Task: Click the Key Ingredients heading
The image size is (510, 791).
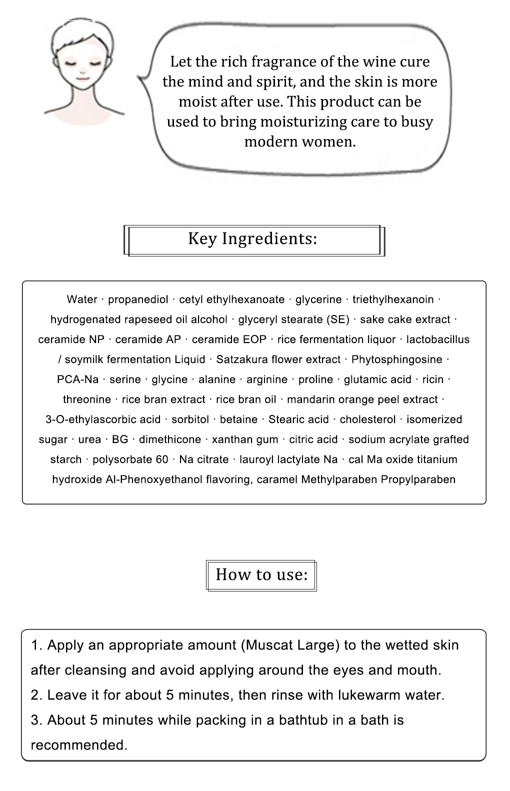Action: pyautogui.click(x=252, y=239)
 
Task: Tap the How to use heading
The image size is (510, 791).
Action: pyautogui.click(x=261, y=574)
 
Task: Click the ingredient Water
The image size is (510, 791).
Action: pyautogui.click(x=82, y=299)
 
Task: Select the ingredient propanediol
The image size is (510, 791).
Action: pyautogui.click(x=138, y=299)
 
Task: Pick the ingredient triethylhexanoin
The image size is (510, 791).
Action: pyautogui.click(x=393, y=299)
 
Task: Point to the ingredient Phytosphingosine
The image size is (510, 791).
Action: pyautogui.click(x=396, y=359)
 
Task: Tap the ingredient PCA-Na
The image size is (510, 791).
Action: pyautogui.click(x=78, y=379)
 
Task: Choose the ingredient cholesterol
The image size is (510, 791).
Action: pyautogui.click(x=367, y=419)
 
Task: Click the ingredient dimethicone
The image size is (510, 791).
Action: pyautogui.click(x=170, y=439)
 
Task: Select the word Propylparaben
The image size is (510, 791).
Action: pyautogui.click(x=418, y=479)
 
